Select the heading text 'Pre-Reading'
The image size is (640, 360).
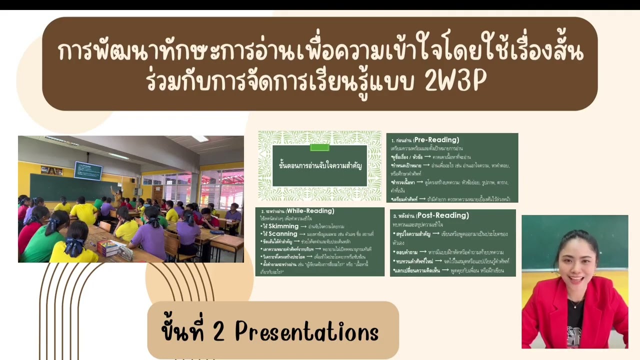[x=436, y=140]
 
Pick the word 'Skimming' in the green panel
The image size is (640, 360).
[x=283, y=226]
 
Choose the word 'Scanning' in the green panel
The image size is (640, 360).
[x=283, y=234]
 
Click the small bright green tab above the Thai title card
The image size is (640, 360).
[x=319, y=147]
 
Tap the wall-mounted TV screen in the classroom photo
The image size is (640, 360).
[x=88, y=170]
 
